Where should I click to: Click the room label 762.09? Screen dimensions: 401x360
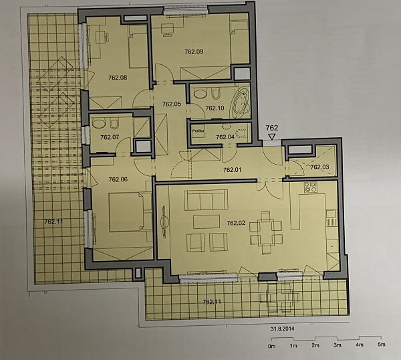(194, 52)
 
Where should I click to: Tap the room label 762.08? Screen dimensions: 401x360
(118, 78)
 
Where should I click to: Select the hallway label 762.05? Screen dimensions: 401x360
(171, 104)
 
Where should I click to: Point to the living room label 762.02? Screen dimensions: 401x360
(236, 223)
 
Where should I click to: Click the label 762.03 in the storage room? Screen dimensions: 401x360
(319, 167)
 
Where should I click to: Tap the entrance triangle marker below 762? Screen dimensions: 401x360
(271, 137)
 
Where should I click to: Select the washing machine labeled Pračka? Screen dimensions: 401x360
(198, 132)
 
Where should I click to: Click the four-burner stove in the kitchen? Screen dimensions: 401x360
(311, 187)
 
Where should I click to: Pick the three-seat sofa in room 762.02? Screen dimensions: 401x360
(206, 200)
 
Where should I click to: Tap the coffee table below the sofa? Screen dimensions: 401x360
(207, 221)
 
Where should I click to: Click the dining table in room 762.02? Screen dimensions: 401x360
(266, 233)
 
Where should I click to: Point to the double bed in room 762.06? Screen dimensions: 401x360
(126, 212)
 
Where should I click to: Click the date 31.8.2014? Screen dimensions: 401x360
(283, 329)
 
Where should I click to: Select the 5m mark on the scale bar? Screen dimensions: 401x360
(382, 345)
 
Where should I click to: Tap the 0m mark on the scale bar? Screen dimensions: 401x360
(271, 347)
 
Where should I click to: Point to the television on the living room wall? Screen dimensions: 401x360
(164, 221)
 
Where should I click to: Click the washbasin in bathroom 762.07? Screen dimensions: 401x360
(99, 124)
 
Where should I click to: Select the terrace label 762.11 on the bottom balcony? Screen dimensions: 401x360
(212, 302)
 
